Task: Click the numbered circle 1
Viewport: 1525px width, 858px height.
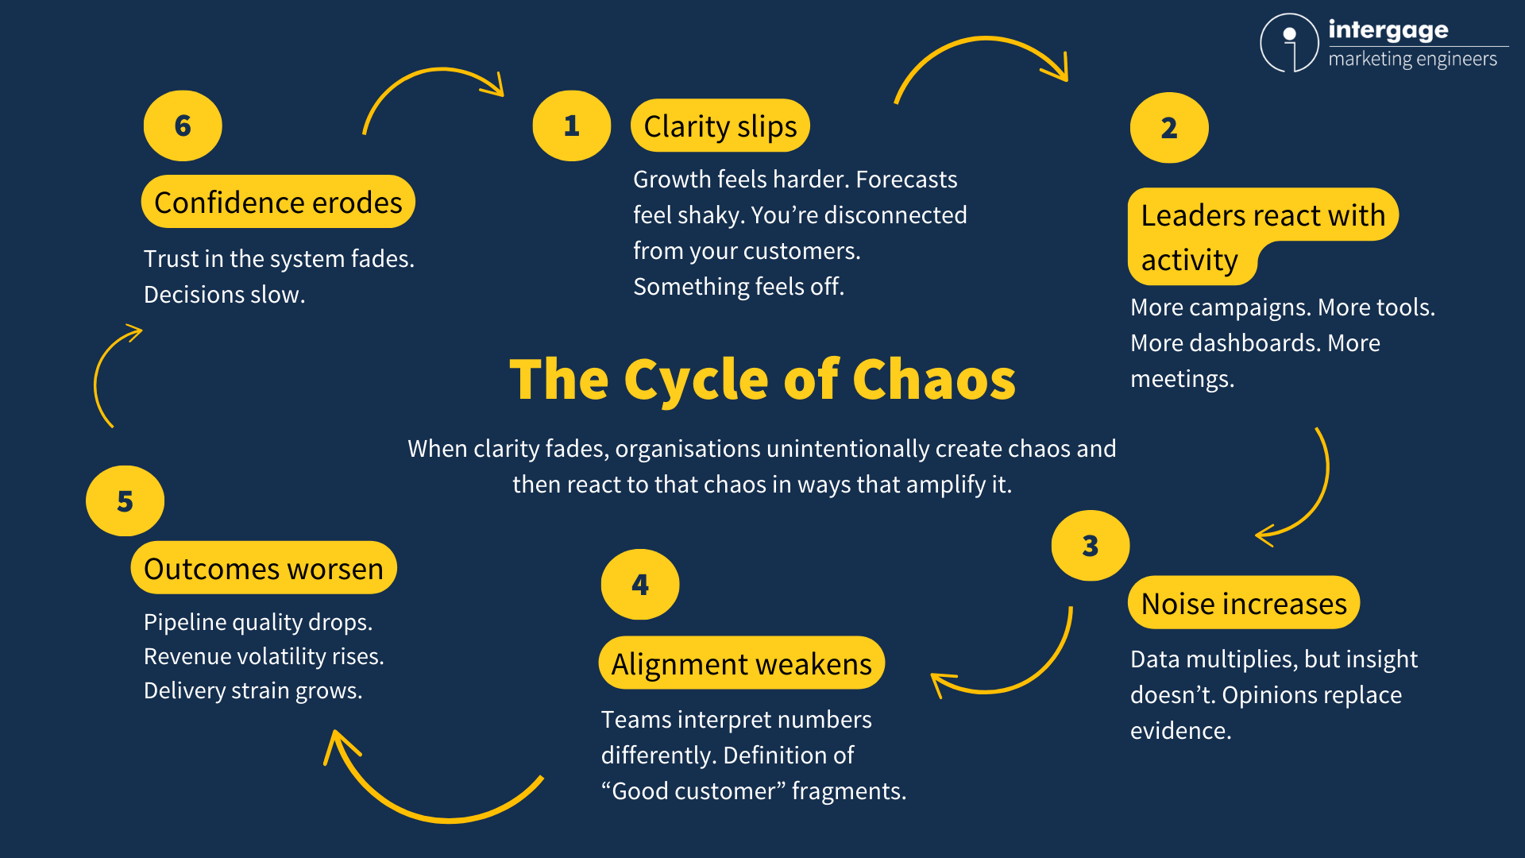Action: [x=571, y=126]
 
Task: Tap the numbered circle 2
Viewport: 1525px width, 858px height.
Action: [x=1168, y=128]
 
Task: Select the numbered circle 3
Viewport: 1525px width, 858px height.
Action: [x=1090, y=546]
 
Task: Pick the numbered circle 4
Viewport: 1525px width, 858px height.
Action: [x=640, y=585]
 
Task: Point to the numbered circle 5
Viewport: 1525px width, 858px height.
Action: [x=125, y=501]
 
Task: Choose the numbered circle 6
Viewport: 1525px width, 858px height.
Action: [x=183, y=126]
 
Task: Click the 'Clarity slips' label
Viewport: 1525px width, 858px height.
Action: [x=720, y=126]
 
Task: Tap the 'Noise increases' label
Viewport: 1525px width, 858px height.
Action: [x=1243, y=603]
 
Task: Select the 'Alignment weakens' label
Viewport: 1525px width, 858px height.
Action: [x=741, y=663]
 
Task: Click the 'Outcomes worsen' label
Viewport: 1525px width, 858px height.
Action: [x=263, y=568]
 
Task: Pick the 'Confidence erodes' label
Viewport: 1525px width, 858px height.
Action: [x=278, y=202]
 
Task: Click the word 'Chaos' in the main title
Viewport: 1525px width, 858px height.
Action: [x=933, y=380]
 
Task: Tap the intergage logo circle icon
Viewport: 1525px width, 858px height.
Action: [x=1289, y=43]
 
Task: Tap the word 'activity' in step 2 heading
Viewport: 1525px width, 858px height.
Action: [x=1189, y=260]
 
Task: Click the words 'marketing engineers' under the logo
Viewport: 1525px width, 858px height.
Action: [x=1412, y=60]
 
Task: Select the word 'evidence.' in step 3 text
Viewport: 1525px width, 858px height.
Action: [x=1180, y=730]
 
